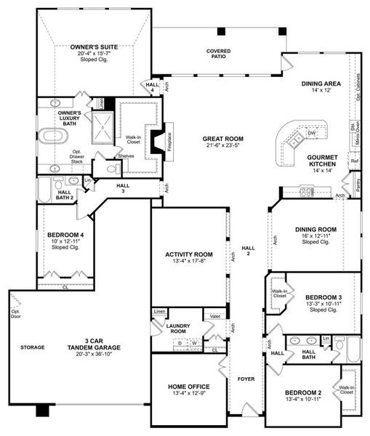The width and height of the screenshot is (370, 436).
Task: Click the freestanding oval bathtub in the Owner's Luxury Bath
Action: pos(56,135)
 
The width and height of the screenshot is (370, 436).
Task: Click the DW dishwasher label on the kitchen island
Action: pos(311,134)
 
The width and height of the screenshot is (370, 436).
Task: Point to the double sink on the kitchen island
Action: pos(296,138)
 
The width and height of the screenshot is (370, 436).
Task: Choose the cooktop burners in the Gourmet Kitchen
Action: pos(307,193)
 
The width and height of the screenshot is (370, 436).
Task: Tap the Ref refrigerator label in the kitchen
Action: pos(354,161)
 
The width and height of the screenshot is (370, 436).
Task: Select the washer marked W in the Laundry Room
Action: pos(194,343)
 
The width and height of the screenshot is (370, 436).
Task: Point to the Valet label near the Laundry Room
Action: pos(215,316)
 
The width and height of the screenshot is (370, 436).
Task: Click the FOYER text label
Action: pos(246,379)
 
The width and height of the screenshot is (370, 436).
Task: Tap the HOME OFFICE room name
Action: pos(189,386)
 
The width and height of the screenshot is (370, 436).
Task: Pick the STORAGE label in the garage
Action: pos(32,347)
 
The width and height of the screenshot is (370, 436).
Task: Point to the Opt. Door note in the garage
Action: pos(15,315)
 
